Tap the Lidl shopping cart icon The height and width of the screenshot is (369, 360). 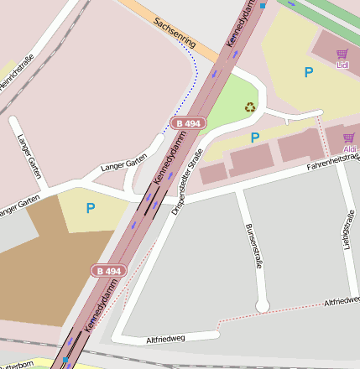click(342, 54)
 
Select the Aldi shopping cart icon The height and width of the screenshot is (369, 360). click(349, 138)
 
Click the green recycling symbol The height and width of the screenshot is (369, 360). click(250, 107)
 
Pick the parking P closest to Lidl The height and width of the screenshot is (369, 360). click(309, 73)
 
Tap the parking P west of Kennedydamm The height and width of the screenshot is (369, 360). click(91, 207)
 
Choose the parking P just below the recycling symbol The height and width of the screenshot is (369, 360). click(255, 137)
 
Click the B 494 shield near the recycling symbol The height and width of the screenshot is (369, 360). click(188, 123)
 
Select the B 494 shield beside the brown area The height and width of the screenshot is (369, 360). click(108, 271)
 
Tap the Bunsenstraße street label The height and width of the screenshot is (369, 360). click(248, 245)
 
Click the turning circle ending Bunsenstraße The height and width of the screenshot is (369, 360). click(263, 308)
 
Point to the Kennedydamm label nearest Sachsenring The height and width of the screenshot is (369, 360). click(242, 23)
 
